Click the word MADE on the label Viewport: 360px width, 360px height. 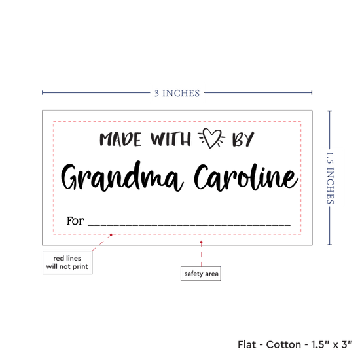pyautogui.click(x=120, y=139)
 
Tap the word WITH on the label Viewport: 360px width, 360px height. pyautogui.click(x=171, y=139)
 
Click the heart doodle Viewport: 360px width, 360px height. pyautogui.click(x=211, y=137)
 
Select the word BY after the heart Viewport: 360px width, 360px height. pyautogui.click(x=243, y=139)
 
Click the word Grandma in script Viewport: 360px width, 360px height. pyautogui.click(x=122, y=176)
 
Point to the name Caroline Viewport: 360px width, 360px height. pyautogui.click(x=246, y=177)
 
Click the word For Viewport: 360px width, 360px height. pyautogui.click(x=75, y=221)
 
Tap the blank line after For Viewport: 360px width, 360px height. pyautogui.click(x=189, y=225)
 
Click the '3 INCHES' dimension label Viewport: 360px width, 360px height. pyautogui.click(x=177, y=93)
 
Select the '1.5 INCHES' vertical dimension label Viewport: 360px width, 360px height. pyautogui.click(x=330, y=178)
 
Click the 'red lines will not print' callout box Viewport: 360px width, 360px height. pyautogui.click(x=67, y=262)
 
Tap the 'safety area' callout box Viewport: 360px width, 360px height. pyautogui.click(x=201, y=274)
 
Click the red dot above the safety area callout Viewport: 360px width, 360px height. pyautogui.click(x=202, y=242)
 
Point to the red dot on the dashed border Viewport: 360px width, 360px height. pyautogui.click(x=111, y=234)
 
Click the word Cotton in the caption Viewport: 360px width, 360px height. pyautogui.click(x=283, y=344)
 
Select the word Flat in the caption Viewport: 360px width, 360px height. pyautogui.click(x=247, y=344)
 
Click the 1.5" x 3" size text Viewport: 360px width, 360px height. pyautogui.click(x=332, y=344)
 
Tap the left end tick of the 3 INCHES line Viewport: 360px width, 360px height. pyautogui.click(x=43, y=93)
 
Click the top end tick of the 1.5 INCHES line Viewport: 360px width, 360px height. pyautogui.click(x=330, y=111)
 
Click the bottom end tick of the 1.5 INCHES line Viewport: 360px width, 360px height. pyautogui.click(x=330, y=245)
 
